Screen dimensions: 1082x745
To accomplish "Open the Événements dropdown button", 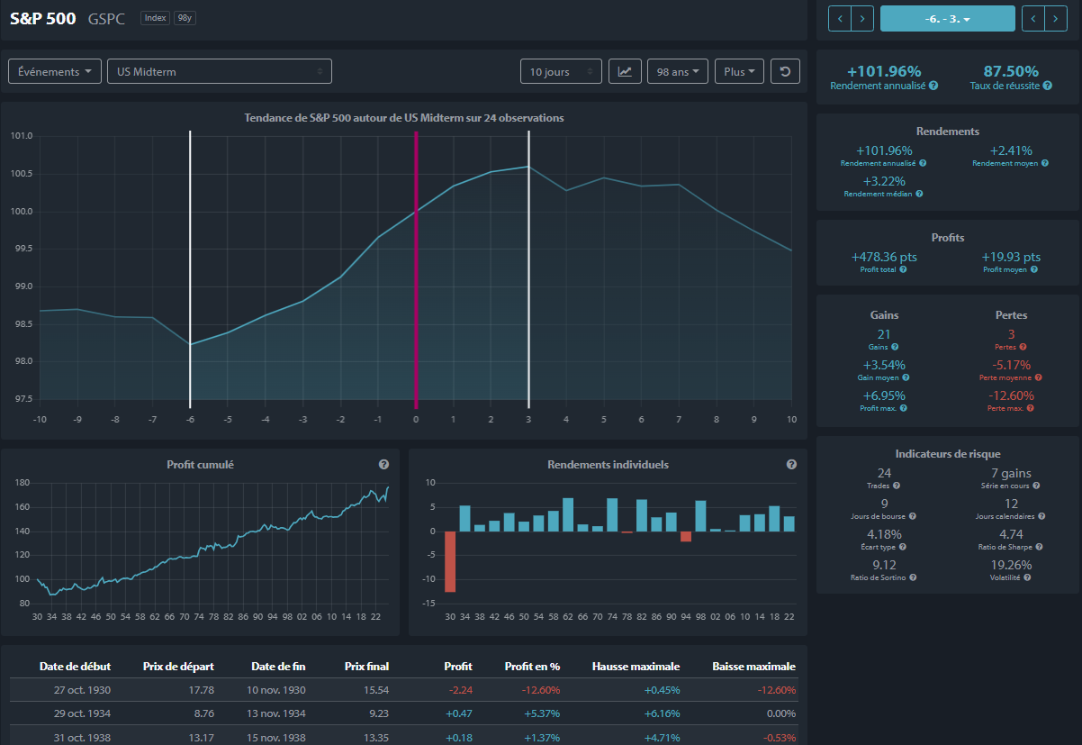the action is pyautogui.click(x=55, y=71).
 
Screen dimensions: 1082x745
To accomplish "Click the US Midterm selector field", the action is pyautogui.click(x=220, y=71).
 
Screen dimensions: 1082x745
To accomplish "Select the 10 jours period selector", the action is pyautogui.click(x=561, y=71).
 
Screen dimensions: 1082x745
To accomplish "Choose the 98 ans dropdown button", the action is pyautogui.click(x=677, y=71).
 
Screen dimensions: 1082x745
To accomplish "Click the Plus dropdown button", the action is pyautogui.click(x=739, y=71).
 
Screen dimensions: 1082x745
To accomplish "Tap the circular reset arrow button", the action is pyautogui.click(x=785, y=71).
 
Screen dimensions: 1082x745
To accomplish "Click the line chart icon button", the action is pyautogui.click(x=625, y=71).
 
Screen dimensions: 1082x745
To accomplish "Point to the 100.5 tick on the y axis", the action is pyautogui.click(x=22, y=174).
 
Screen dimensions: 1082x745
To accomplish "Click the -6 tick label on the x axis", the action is pyautogui.click(x=190, y=420).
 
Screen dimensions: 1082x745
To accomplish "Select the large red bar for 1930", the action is pyautogui.click(x=450, y=561).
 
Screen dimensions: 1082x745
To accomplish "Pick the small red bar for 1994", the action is pyautogui.click(x=685, y=536).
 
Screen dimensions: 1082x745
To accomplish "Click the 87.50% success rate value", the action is pyautogui.click(x=1011, y=71).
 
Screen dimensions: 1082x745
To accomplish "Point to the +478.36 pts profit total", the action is pyautogui.click(x=884, y=257).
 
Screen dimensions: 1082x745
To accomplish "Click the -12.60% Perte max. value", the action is pyautogui.click(x=1011, y=395).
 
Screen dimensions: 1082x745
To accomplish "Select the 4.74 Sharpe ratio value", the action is pyautogui.click(x=1011, y=534).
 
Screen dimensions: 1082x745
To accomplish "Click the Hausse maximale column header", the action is pyautogui.click(x=636, y=667).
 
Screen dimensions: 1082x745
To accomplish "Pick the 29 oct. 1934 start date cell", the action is pyautogui.click(x=82, y=713).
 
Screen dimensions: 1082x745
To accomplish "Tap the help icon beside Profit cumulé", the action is pyautogui.click(x=383, y=465).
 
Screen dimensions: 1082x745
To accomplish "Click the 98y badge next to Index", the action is pyautogui.click(x=185, y=18).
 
